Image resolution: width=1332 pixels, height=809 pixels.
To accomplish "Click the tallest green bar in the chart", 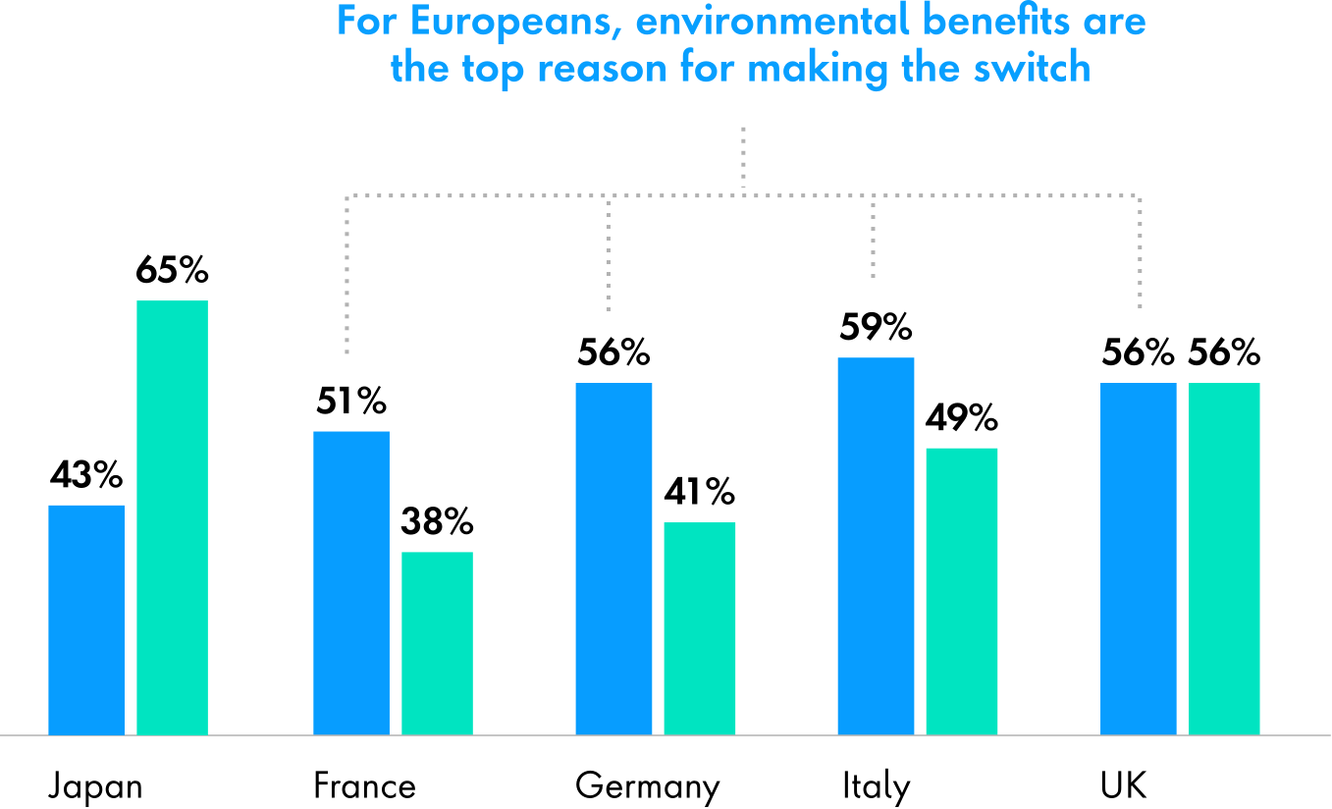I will pos(172,517).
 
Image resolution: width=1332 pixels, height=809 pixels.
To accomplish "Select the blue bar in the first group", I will pos(86,620).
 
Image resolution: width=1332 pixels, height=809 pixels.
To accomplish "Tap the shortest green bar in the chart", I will pos(437,643).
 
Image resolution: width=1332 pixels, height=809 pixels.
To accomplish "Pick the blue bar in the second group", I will pos(351,582).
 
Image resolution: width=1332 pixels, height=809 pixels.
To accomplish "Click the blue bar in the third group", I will pos(613,558).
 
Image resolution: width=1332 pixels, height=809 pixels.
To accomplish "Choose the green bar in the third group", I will pos(699,628).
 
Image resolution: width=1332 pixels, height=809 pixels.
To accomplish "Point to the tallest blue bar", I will pos(876,546).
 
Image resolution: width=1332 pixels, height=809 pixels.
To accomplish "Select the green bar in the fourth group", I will pos(961,591).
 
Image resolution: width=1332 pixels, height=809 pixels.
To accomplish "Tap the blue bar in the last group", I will pos(1138,558).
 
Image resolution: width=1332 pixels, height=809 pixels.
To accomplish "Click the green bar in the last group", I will pos(1224,558).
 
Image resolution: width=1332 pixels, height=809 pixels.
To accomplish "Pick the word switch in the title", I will pos(1043,69).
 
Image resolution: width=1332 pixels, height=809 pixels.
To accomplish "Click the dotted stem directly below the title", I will pos(743,157).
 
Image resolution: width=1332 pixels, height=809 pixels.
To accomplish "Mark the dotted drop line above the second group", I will pos(347,275).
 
